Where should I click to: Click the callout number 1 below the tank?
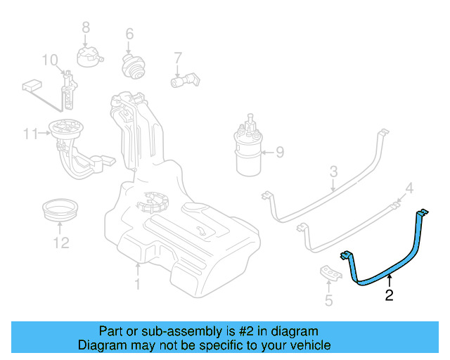(138, 284)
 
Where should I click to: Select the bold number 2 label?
(390, 295)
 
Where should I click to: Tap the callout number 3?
(334, 171)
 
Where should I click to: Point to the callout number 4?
(410, 188)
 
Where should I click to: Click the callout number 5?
(328, 302)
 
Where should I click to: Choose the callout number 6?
(129, 34)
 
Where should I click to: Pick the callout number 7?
(178, 57)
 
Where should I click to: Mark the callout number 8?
(86, 27)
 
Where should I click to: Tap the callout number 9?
(279, 151)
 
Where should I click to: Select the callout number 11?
(29, 134)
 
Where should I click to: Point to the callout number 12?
(61, 243)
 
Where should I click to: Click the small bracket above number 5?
(329, 274)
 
